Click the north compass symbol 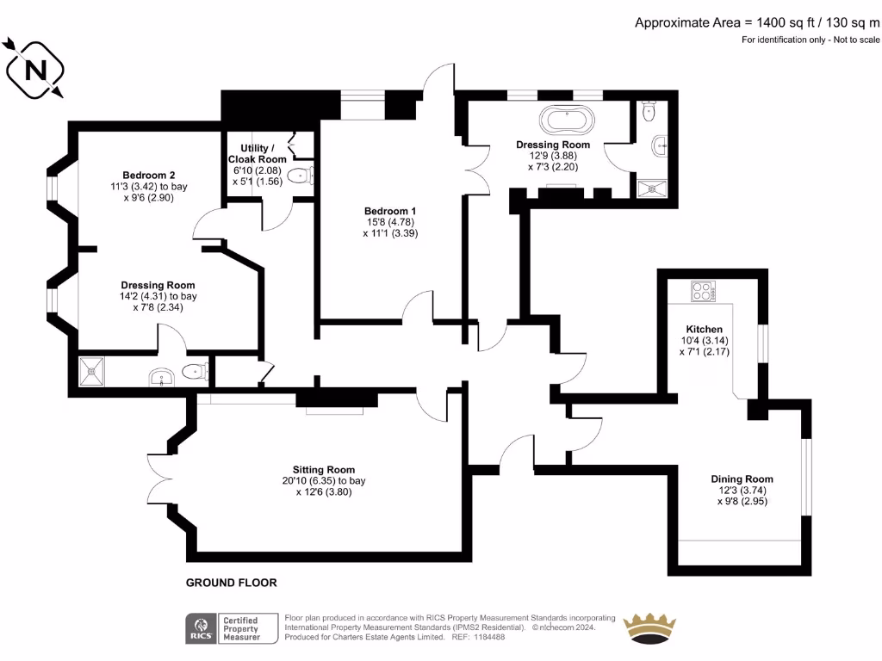point(37,69)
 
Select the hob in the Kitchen point(704,292)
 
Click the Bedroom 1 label point(390,211)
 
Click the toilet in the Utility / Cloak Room point(299,176)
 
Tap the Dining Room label point(742,479)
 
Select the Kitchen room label point(704,330)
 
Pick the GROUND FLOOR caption point(232,583)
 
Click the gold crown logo point(649,627)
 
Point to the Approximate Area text point(757,23)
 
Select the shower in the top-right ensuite point(655,188)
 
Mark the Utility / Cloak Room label point(257,154)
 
